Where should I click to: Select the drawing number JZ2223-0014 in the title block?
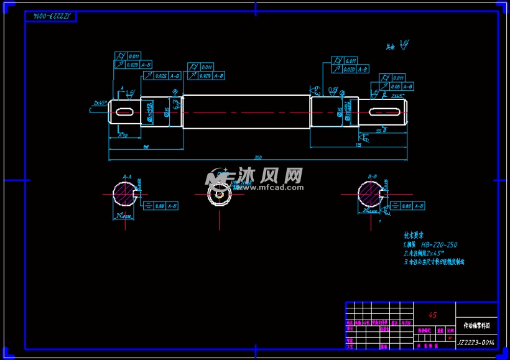(476, 342)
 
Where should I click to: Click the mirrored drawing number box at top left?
(51, 15)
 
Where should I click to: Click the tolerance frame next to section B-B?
(412, 205)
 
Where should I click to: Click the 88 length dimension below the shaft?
(146, 147)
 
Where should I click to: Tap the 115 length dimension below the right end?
(358, 145)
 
